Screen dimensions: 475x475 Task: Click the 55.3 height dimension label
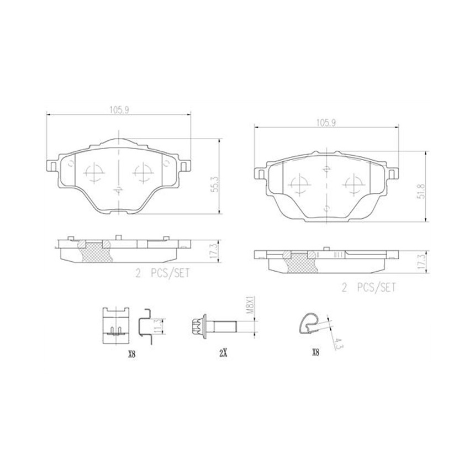[x=214, y=184]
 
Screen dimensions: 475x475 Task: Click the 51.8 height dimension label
[x=421, y=191]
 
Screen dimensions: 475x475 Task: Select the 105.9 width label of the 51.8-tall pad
[x=326, y=123]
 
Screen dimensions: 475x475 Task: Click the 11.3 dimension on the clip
[x=157, y=326]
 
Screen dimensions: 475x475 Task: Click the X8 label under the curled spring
[x=315, y=352]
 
